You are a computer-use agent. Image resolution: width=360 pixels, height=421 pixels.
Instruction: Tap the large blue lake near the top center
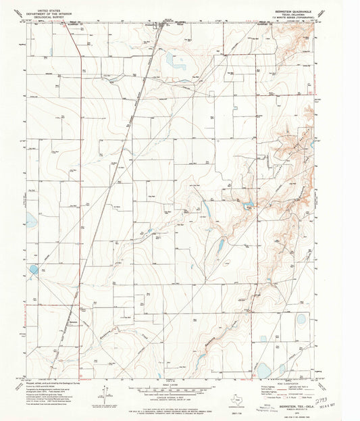178,65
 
